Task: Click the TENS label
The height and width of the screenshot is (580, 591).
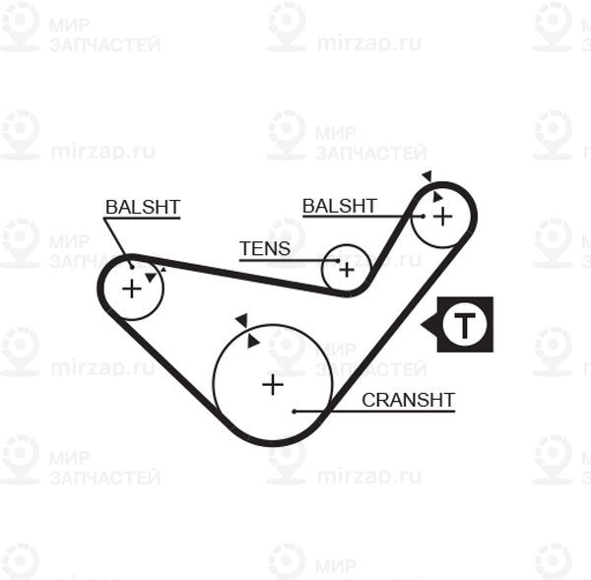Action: (x=265, y=248)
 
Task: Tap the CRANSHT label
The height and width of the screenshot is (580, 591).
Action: (x=408, y=400)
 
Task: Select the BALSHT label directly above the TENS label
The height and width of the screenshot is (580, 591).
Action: (x=339, y=206)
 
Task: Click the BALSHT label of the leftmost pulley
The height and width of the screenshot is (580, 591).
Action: (x=142, y=207)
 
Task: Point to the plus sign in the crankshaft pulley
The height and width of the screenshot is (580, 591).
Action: (x=272, y=385)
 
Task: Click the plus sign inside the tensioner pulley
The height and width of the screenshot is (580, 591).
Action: (x=346, y=267)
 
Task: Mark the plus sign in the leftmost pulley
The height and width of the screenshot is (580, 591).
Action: (x=131, y=289)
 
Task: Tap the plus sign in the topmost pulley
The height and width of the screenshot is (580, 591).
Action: (x=442, y=215)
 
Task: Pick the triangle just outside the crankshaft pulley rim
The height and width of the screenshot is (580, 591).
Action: (x=239, y=320)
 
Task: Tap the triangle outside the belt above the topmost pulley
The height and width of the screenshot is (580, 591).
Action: (x=427, y=176)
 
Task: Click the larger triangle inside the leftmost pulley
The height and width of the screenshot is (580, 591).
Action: (x=149, y=278)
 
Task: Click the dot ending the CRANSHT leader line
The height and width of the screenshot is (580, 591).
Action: (x=295, y=410)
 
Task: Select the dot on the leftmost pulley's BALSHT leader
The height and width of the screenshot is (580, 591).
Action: (x=132, y=263)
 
